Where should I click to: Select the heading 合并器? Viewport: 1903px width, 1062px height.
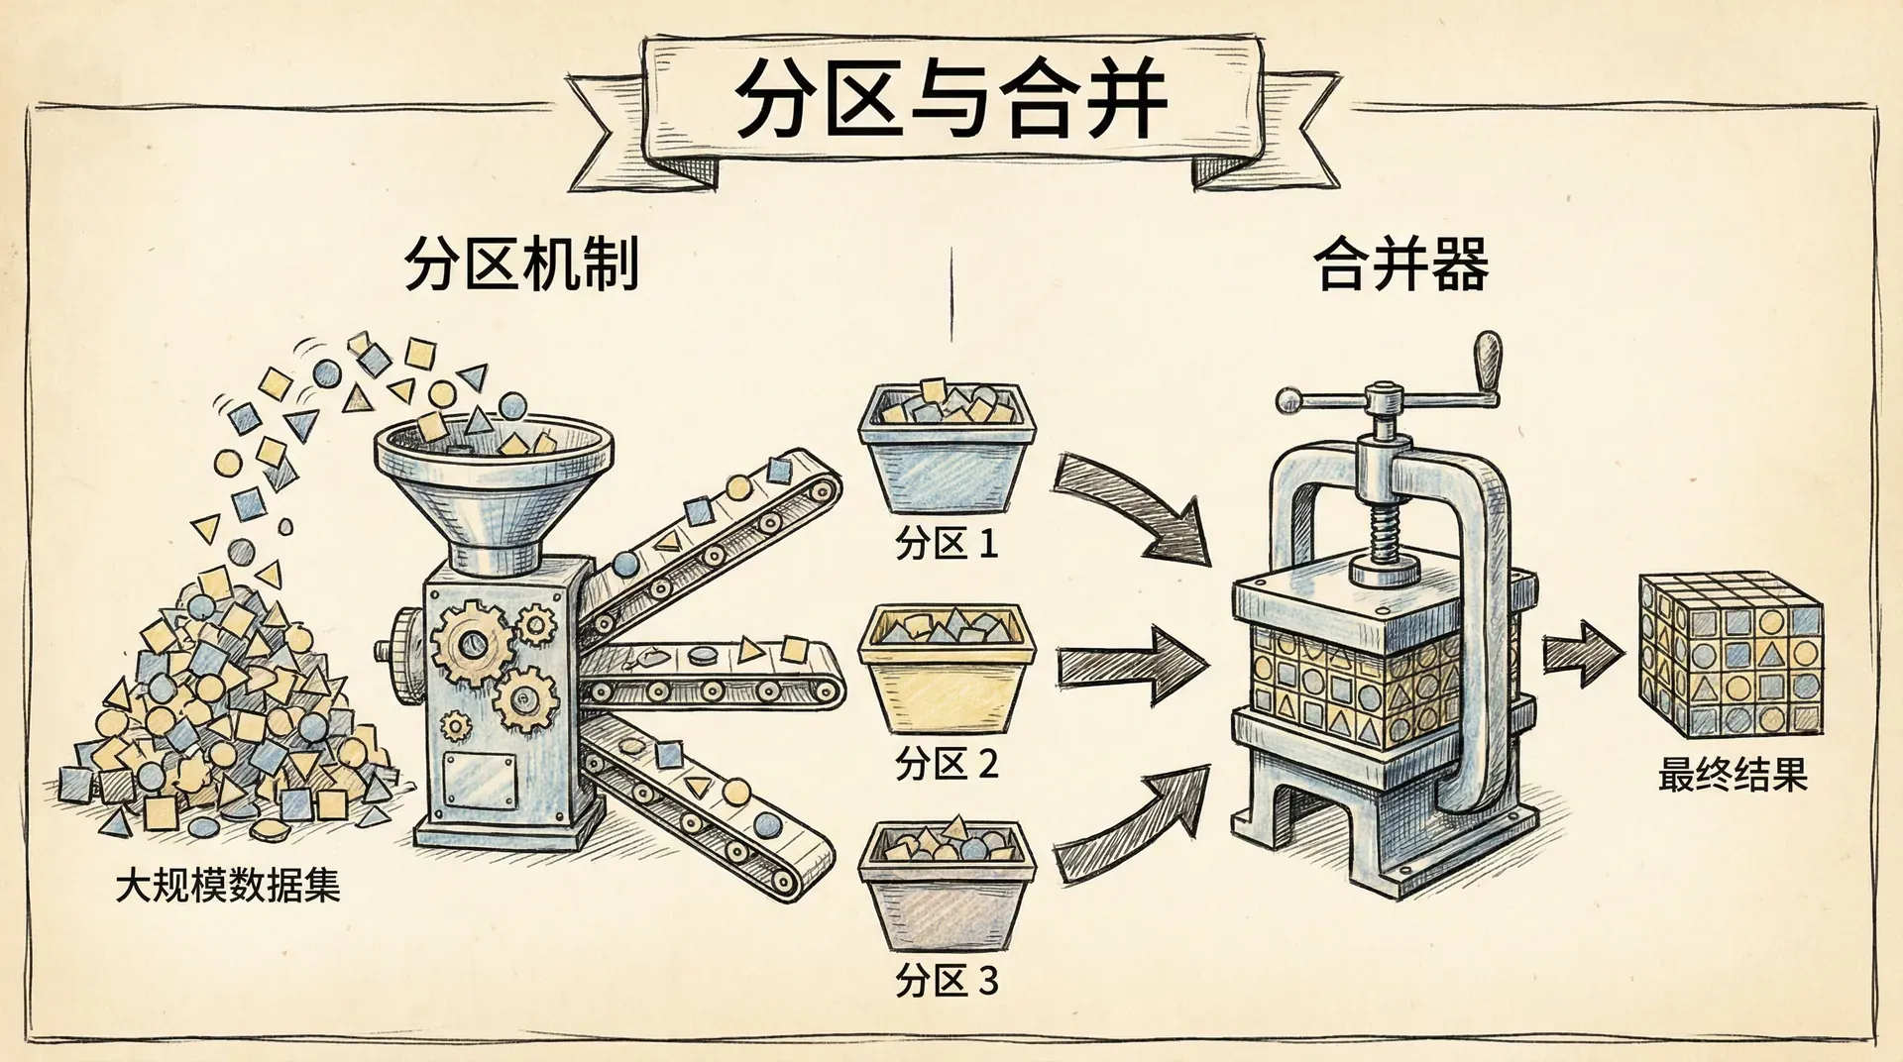click(1400, 265)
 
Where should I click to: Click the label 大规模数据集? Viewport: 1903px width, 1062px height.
click(228, 885)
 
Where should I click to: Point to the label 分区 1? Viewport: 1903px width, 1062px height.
click(946, 544)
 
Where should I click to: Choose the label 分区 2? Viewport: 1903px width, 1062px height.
click(946, 764)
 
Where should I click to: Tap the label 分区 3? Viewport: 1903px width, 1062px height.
click(946, 981)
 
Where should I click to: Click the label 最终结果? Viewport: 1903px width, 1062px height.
click(1733, 775)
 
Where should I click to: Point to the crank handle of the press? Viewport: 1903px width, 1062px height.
click(1487, 362)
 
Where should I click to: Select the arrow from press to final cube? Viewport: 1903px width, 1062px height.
click(1584, 654)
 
